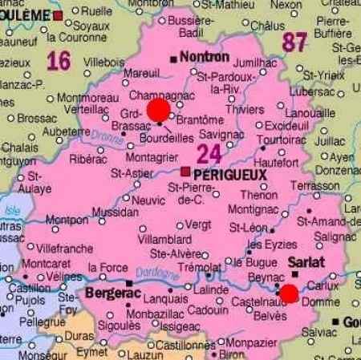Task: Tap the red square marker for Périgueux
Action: coord(186,171)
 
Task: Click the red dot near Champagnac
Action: coord(159,109)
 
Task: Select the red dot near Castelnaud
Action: coord(289,293)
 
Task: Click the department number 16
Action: coord(59,60)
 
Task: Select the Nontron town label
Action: coord(205,57)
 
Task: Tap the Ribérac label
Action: coord(87,159)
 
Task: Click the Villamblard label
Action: coord(165,239)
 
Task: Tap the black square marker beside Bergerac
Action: coord(130,283)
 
